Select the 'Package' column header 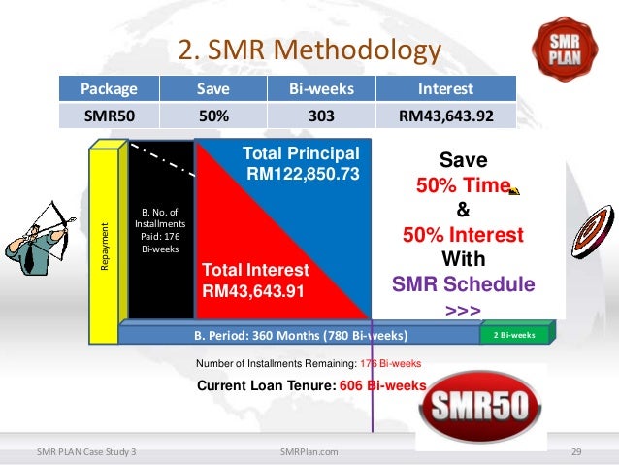tap(109, 89)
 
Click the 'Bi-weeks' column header tap(321, 89)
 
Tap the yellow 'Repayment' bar tap(104, 233)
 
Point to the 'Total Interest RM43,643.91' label tap(255, 280)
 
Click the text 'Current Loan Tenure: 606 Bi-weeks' tap(310, 385)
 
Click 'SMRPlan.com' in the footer tap(308, 451)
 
